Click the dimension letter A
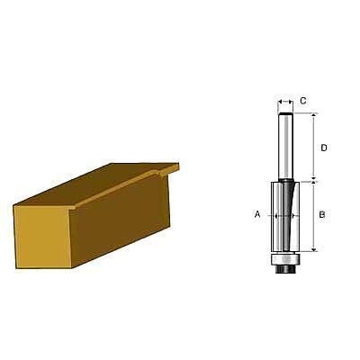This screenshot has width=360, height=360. [257, 214]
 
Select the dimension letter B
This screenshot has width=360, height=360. [322, 215]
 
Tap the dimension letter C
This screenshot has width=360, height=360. [303, 101]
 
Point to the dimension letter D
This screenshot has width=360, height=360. [324, 148]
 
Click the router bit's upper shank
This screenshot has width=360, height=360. [285, 147]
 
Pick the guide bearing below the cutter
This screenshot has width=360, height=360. [285, 259]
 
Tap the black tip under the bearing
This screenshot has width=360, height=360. [285, 269]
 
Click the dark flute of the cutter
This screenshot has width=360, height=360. [287, 214]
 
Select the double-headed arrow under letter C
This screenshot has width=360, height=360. [285, 102]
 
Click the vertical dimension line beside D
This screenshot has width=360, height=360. [314, 147]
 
